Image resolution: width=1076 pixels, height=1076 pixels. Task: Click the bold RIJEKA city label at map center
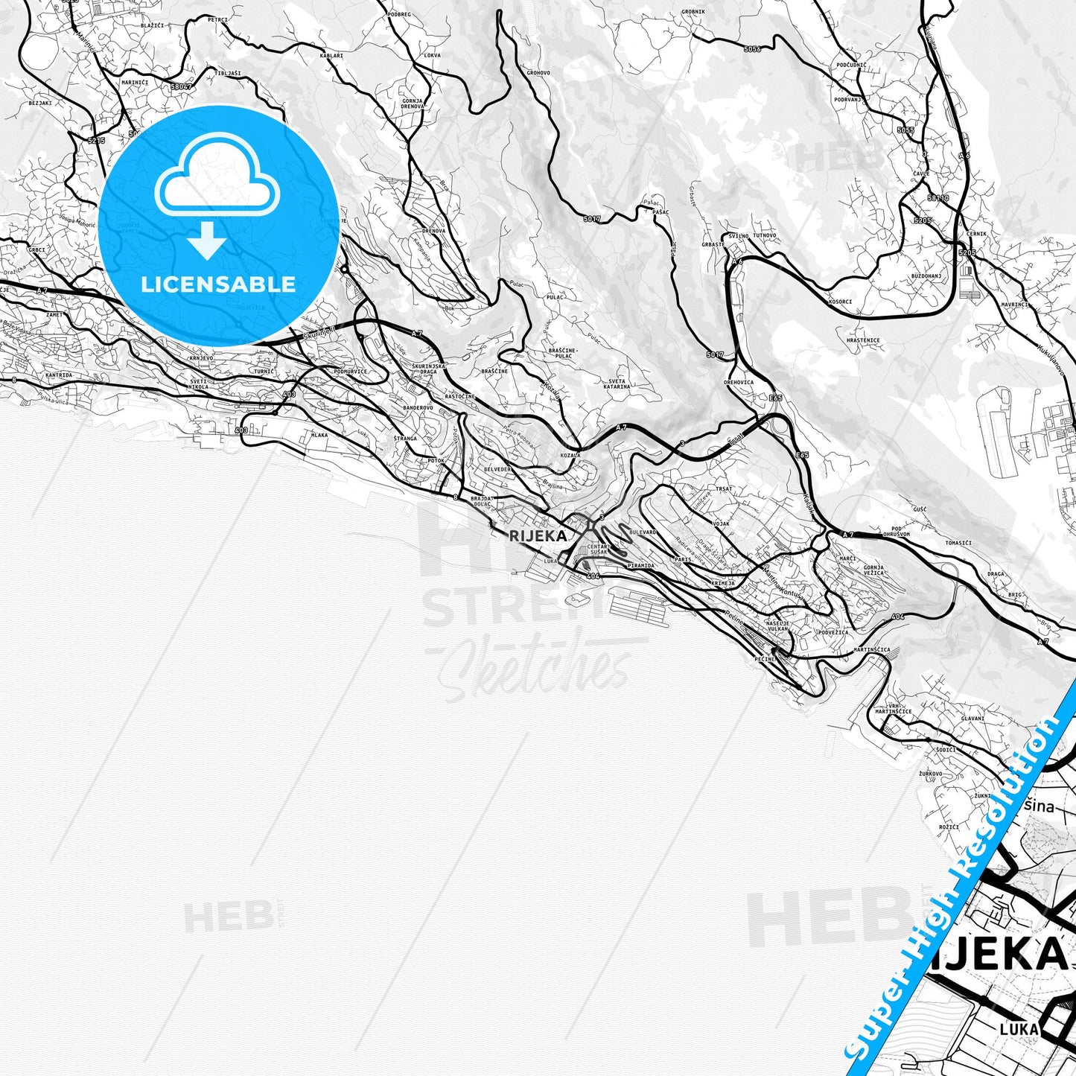pyautogui.click(x=538, y=535)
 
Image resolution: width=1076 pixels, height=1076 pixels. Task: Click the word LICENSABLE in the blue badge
pyautogui.click(x=218, y=284)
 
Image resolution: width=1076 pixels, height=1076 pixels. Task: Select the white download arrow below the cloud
pyautogui.click(x=208, y=241)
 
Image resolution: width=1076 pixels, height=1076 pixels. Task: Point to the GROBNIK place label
pyautogui.click(x=693, y=13)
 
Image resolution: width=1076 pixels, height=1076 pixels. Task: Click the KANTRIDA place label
pyautogui.click(x=59, y=375)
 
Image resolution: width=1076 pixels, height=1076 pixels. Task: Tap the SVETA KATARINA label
pyautogui.click(x=617, y=383)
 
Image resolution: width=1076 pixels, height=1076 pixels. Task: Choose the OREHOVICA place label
pyautogui.click(x=739, y=383)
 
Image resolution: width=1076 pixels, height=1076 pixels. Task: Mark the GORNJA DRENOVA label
pyautogui.click(x=413, y=104)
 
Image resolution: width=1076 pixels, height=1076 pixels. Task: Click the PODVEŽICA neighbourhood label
pyautogui.click(x=833, y=632)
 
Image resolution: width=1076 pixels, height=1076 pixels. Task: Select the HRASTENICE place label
pyautogui.click(x=863, y=340)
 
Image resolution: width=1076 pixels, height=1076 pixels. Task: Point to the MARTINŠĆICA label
pyautogui.click(x=871, y=650)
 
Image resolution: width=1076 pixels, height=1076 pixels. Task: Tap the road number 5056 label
pyautogui.click(x=752, y=49)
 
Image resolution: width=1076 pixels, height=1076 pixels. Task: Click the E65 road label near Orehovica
pyautogui.click(x=776, y=398)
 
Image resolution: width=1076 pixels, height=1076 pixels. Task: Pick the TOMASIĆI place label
pyautogui.click(x=958, y=543)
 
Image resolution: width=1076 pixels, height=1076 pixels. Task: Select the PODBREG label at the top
pyautogui.click(x=399, y=14)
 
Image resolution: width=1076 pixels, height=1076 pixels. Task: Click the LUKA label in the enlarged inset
pyautogui.click(x=1019, y=1029)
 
